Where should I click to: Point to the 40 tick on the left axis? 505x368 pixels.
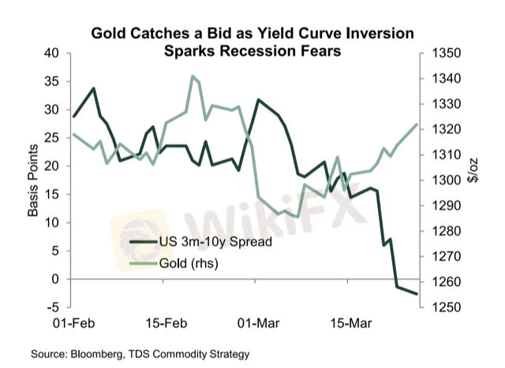click(x=53, y=54)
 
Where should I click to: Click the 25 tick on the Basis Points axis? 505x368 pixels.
click(x=53, y=138)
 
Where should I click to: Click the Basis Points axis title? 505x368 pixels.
click(x=33, y=180)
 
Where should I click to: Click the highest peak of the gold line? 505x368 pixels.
click(x=193, y=76)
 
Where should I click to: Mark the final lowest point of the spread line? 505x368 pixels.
click(x=417, y=294)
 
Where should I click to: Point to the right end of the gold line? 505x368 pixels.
click(x=417, y=125)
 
